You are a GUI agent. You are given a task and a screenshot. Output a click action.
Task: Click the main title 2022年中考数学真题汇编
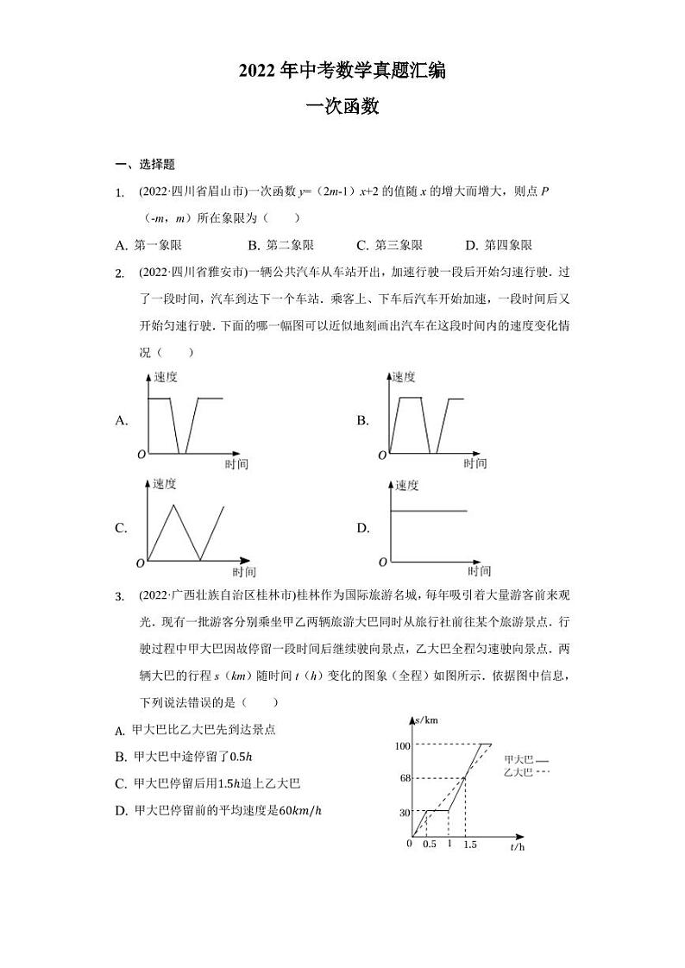(342, 72)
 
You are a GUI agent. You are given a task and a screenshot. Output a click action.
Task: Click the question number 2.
(121, 273)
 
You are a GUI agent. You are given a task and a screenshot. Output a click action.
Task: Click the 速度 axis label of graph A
(166, 377)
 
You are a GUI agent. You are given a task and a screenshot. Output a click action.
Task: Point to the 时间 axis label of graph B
(475, 463)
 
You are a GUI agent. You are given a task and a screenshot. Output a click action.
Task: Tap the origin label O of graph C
(140, 563)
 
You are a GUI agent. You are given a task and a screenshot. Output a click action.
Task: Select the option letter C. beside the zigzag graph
(122, 528)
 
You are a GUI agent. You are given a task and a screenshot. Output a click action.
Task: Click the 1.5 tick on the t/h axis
(469, 844)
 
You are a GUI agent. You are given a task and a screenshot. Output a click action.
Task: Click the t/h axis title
(517, 847)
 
